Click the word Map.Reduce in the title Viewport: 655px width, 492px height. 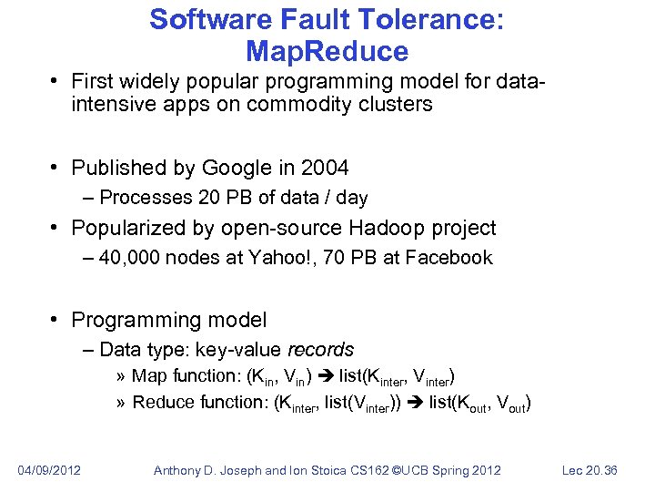coord(327,51)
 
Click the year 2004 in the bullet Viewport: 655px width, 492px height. coord(325,168)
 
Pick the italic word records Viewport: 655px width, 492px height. coord(320,350)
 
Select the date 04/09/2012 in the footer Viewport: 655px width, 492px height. coord(50,470)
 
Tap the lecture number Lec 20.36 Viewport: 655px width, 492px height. coord(589,470)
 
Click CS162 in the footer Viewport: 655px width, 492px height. coord(356,470)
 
